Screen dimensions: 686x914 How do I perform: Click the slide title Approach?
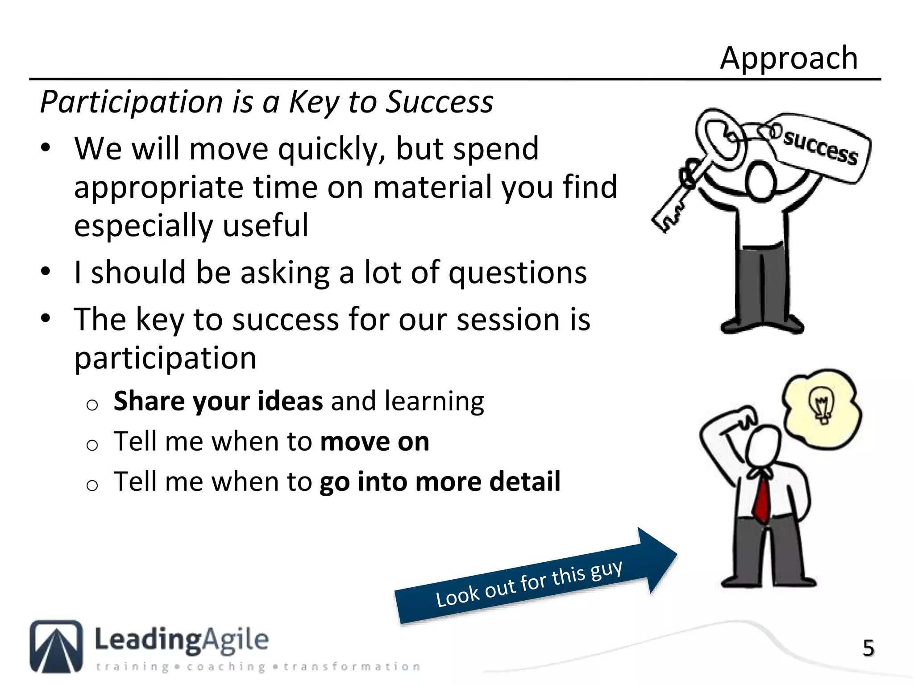pos(789,58)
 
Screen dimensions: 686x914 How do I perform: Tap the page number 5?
pos(868,648)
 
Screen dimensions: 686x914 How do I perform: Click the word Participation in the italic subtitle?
pos(132,102)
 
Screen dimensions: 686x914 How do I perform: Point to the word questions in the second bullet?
pos(517,272)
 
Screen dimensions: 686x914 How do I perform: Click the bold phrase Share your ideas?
pos(218,401)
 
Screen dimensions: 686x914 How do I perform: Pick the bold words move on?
pos(374,441)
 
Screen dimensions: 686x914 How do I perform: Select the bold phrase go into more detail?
pos(440,481)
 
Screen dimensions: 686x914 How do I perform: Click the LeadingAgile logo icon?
pos(56,646)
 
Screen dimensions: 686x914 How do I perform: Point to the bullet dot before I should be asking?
pos(46,272)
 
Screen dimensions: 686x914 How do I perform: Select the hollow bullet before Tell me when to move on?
pos(92,445)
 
